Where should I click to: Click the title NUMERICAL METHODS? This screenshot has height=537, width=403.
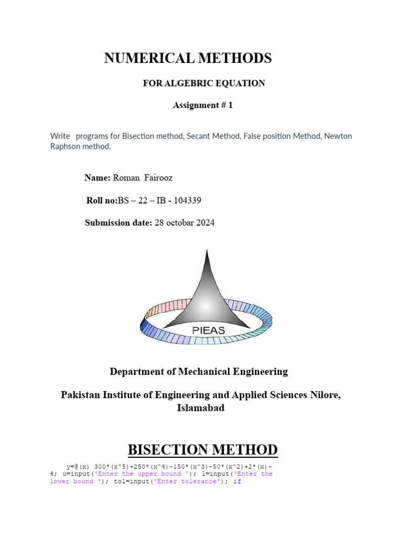(x=188, y=58)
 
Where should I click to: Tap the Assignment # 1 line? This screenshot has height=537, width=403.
(x=203, y=105)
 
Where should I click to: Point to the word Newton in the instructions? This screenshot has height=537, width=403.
(x=338, y=136)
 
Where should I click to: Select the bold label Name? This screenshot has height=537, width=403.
(x=98, y=178)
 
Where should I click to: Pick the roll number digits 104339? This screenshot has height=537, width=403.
(x=184, y=200)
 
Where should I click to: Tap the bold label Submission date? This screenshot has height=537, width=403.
(x=119, y=223)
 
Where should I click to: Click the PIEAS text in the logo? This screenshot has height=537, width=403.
(x=208, y=330)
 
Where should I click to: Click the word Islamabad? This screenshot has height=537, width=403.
(x=200, y=407)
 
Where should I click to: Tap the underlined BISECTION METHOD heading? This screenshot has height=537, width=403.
(x=203, y=449)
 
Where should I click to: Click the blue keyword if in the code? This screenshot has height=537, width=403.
(x=237, y=481)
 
